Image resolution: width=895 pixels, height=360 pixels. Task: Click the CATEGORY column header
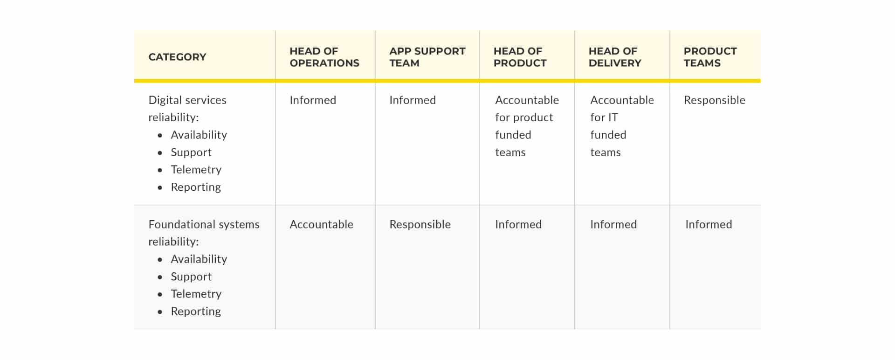click(177, 57)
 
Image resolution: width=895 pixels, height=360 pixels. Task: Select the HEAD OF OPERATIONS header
click(324, 57)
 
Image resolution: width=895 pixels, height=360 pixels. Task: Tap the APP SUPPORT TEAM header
click(427, 57)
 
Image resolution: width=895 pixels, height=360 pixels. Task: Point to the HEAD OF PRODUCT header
click(520, 57)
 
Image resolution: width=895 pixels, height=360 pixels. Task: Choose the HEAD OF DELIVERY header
click(615, 57)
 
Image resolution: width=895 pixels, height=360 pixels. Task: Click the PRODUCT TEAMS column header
click(710, 57)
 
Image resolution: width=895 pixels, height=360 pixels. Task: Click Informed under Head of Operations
click(313, 100)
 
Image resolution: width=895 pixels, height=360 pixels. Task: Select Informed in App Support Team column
click(413, 100)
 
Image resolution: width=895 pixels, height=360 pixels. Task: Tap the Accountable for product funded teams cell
click(527, 126)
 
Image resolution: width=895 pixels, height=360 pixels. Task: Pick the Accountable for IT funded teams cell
click(622, 126)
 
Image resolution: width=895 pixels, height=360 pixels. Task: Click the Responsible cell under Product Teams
click(715, 100)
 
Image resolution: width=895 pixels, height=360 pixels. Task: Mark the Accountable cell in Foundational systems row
click(322, 224)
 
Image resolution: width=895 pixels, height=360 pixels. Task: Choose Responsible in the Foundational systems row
click(420, 225)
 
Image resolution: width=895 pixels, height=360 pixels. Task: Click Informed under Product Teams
click(709, 224)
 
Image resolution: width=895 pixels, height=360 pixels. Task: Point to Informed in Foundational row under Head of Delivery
click(613, 224)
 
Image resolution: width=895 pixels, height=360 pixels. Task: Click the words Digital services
click(187, 100)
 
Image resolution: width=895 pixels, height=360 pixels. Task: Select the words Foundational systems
click(204, 224)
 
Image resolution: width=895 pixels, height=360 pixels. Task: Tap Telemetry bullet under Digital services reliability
click(196, 170)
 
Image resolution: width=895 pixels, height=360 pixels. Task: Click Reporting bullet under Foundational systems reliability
click(196, 312)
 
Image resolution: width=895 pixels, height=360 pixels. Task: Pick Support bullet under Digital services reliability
click(191, 152)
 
